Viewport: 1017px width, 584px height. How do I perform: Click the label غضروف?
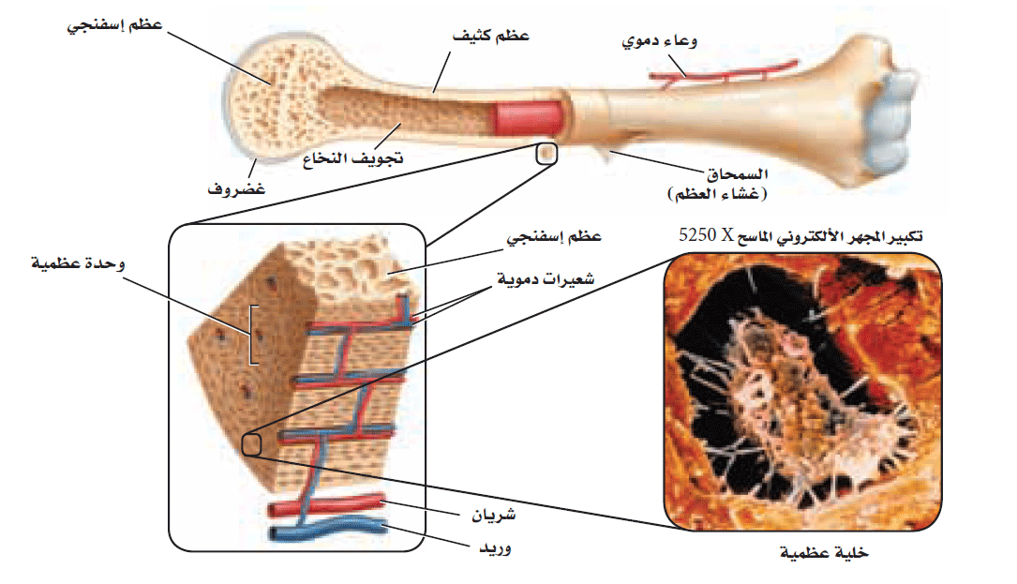[236, 191]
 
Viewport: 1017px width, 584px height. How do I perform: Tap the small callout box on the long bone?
[546, 153]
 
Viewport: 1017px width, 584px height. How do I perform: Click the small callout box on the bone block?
[251, 444]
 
